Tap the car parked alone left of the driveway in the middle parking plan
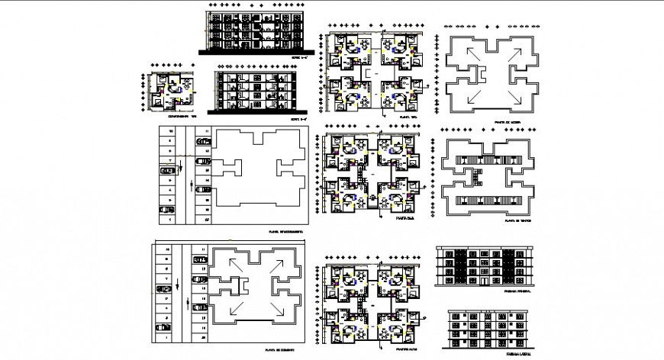point(166,172)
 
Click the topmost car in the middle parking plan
point(204,142)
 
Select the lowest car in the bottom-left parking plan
point(163,327)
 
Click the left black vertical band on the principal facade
point(461,270)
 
